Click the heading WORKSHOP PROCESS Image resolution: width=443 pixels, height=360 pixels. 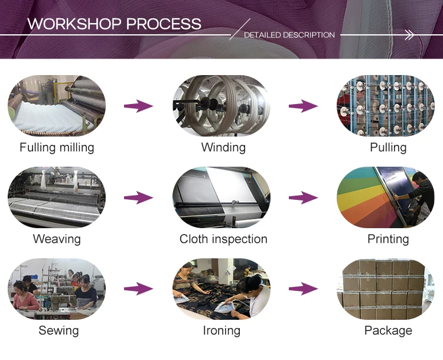tap(114, 24)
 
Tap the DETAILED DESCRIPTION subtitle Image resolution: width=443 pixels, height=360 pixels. tap(289, 35)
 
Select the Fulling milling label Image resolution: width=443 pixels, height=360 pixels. tap(57, 147)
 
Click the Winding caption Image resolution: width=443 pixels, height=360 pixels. tap(223, 147)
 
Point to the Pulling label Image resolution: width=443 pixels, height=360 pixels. tap(388, 147)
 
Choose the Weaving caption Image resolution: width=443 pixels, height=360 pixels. tap(57, 239)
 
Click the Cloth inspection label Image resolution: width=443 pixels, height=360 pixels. tap(223, 239)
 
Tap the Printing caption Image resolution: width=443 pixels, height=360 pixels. tap(388, 239)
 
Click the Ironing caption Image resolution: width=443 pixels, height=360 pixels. tap(221, 330)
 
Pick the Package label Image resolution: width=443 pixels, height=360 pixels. tap(388, 330)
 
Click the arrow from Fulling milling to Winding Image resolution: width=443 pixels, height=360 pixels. tap(139, 106)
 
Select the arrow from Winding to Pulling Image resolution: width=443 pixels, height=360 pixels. tap(304, 106)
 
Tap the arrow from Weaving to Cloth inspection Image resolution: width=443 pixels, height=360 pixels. tap(139, 198)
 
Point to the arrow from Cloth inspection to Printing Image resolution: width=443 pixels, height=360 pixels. tap(304, 198)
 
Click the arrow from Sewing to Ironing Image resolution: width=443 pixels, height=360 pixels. tap(139, 289)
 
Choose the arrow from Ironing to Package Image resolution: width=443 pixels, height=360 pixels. tap(304, 289)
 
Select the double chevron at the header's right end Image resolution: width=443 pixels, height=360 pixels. tap(409, 35)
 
